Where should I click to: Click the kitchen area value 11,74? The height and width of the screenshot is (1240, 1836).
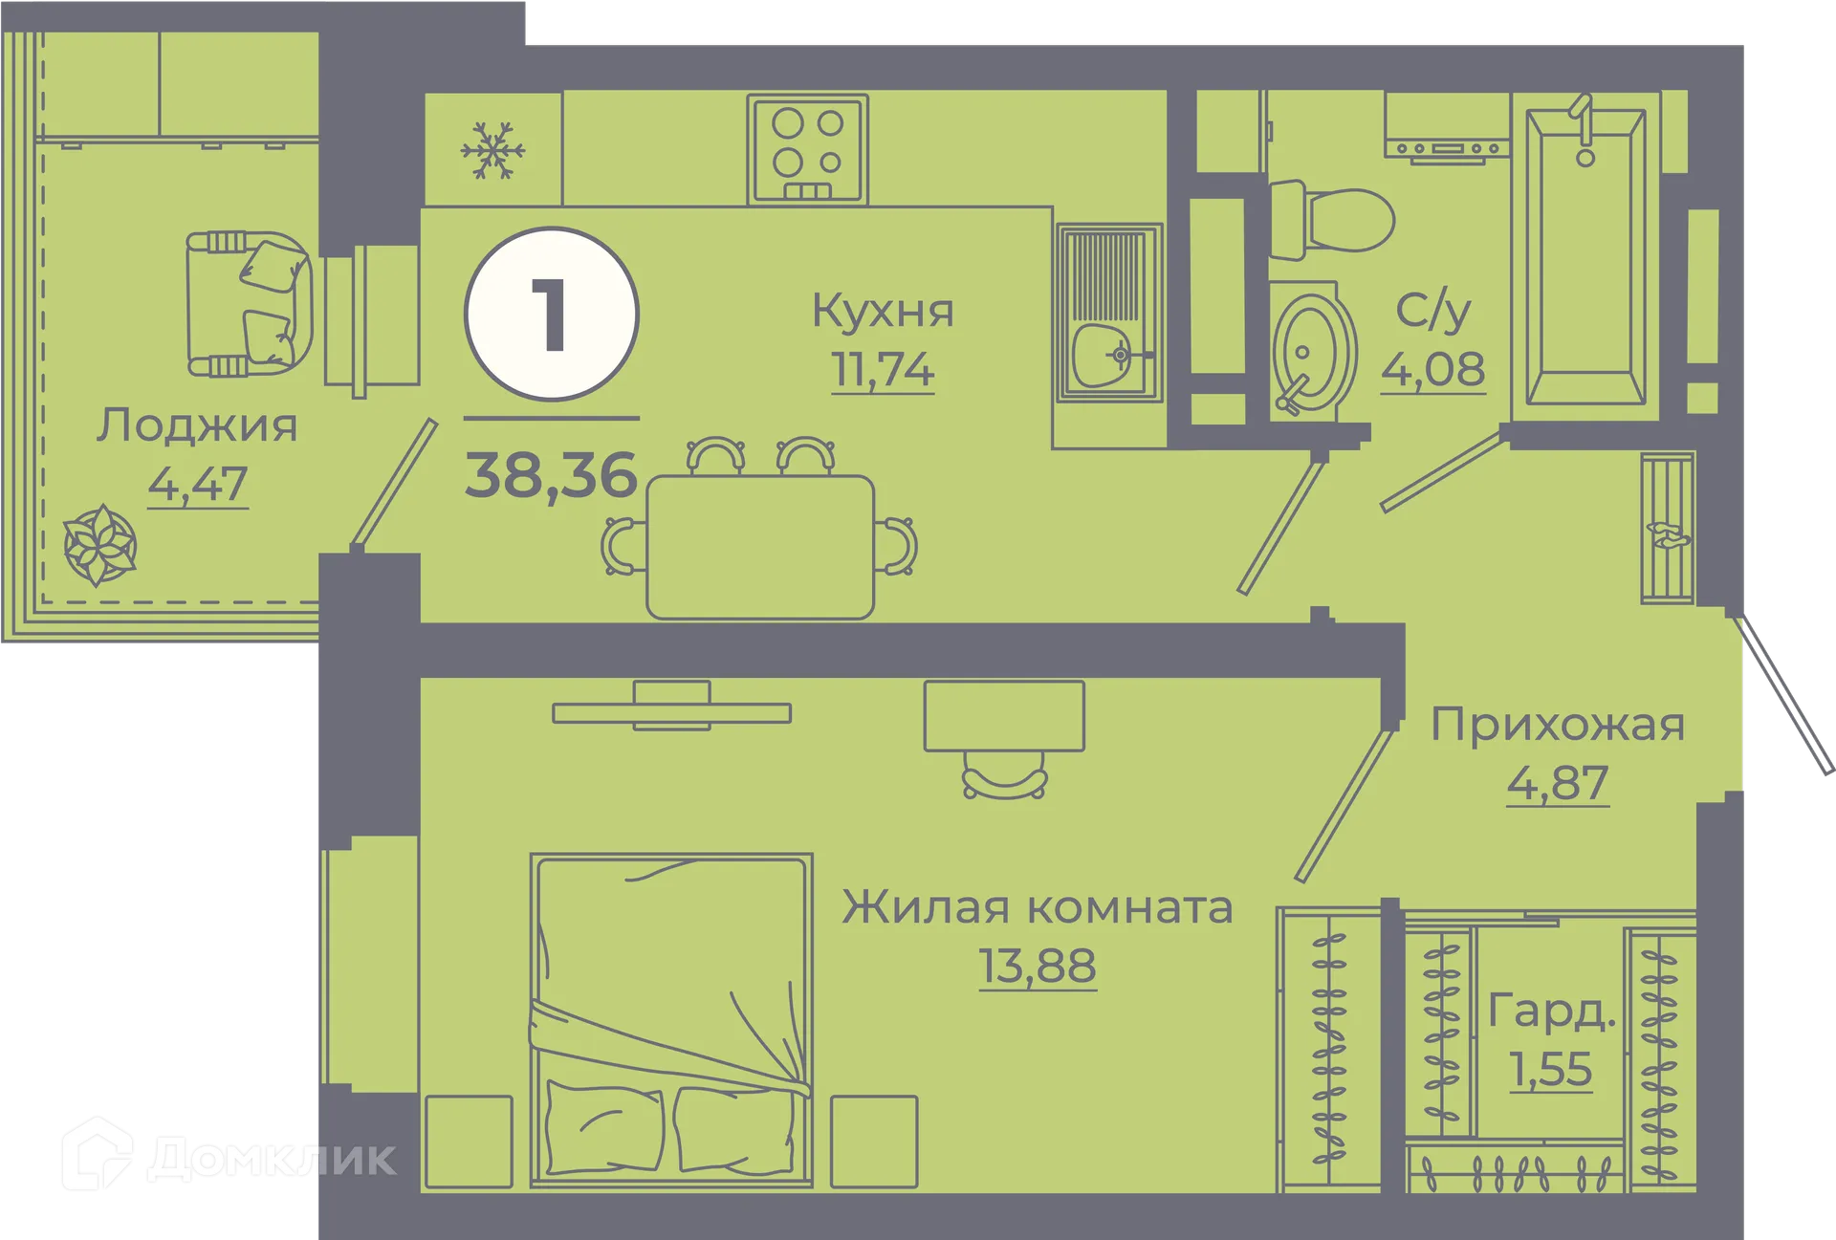tap(882, 371)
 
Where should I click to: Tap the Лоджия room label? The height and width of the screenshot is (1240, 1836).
tap(197, 426)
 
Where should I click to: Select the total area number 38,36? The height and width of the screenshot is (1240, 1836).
tap(551, 475)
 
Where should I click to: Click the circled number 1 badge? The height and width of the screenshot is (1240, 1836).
tap(552, 315)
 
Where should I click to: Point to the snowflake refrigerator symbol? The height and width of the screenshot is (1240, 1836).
tap(492, 151)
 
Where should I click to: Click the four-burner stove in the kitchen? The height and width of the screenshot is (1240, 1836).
tap(808, 149)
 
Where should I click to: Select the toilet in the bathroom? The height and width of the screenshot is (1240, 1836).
tap(1333, 221)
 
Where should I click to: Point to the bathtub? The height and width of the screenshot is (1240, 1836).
tap(1585, 258)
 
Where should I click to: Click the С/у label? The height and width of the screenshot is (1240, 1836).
tap(1432, 312)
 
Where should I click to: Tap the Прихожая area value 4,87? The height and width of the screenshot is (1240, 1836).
tap(1558, 783)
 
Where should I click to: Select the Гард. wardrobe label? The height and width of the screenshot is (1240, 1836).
tap(1551, 1012)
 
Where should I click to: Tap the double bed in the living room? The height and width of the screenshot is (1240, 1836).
tap(671, 1018)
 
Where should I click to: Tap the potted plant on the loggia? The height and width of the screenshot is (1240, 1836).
tap(99, 546)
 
